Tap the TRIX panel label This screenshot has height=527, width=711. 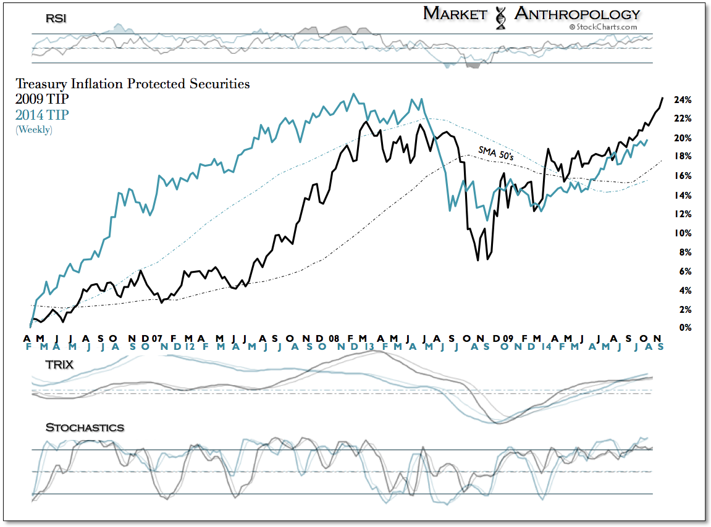(x=60, y=365)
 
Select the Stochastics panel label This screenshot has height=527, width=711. (x=85, y=427)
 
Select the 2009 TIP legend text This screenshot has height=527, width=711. (x=42, y=99)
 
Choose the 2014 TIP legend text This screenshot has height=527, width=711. (x=42, y=114)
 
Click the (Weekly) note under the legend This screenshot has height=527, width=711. (x=34, y=129)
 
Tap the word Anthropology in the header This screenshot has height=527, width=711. (x=577, y=14)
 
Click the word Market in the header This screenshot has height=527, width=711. (x=455, y=14)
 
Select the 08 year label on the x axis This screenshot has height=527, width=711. (x=334, y=339)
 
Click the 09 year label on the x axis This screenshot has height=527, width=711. (x=508, y=339)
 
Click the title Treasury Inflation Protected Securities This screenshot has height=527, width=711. (x=132, y=84)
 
